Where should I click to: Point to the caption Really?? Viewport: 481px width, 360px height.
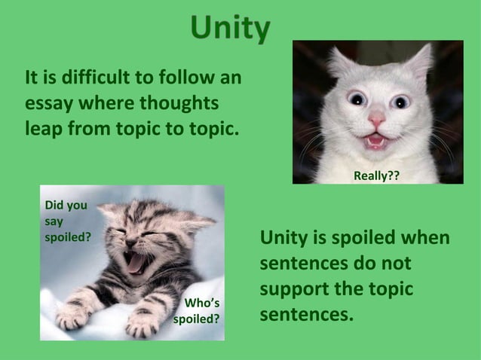(x=376, y=175)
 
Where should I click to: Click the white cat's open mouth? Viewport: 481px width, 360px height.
(x=375, y=140)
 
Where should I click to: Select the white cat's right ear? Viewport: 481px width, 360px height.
(x=420, y=60)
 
